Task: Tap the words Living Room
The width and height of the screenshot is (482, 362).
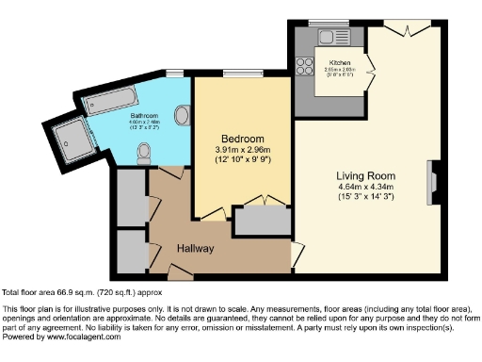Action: click(x=366, y=174)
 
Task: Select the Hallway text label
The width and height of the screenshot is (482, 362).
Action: click(x=196, y=249)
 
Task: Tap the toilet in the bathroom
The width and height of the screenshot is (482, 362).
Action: click(x=144, y=152)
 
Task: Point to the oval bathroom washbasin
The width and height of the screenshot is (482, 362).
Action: click(x=183, y=115)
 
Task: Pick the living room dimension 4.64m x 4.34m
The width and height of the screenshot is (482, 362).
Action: click(x=366, y=186)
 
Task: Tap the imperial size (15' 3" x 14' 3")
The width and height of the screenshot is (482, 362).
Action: click(x=366, y=196)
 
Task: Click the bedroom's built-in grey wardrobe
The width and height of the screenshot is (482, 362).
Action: click(x=262, y=221)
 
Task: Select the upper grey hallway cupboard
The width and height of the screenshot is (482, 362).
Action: click(x=129, y=196)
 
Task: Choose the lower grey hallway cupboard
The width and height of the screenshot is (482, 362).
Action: click(x=129, y=247)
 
